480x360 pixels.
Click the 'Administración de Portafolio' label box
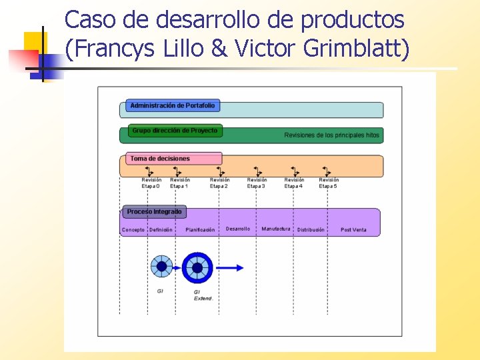point(173,105)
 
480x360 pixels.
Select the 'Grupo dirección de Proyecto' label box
point(175,131)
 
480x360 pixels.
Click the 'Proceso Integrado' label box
point(154,212)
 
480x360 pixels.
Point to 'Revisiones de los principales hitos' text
point(331,135)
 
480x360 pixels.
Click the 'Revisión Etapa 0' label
point(151,183)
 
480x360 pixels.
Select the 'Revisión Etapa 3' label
point(257,183)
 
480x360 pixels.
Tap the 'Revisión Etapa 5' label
point(329,183)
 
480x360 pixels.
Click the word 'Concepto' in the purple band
point(133,230)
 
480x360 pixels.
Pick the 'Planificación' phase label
point(200,230)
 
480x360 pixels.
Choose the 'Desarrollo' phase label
point(238,229)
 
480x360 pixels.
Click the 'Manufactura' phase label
point(276,229)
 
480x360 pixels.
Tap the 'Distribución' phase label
point(311,230)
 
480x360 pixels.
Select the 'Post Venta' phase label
point(353,230)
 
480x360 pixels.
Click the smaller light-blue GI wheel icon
point(161,266)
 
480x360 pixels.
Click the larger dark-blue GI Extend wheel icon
point(197,268)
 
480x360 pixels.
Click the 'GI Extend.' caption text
point(203,295)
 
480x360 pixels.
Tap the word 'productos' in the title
point(353,20)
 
